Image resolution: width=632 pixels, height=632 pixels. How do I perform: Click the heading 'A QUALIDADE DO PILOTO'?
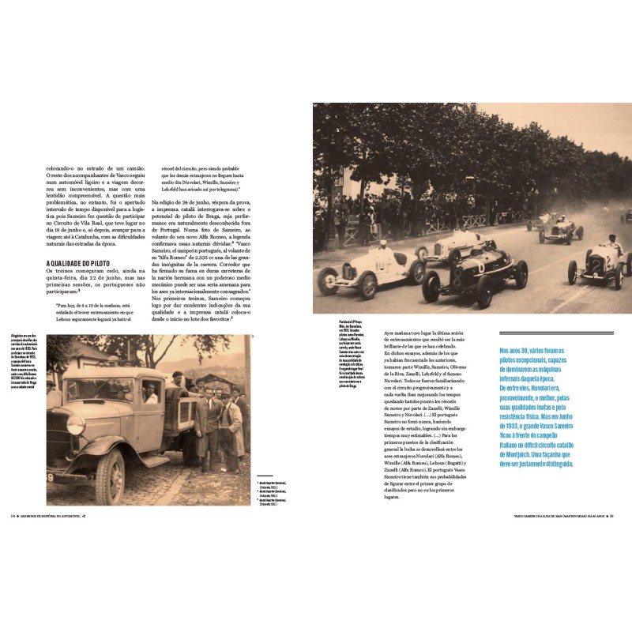point(82,263)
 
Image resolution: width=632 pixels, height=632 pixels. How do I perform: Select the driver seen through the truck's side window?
point(150,393)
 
